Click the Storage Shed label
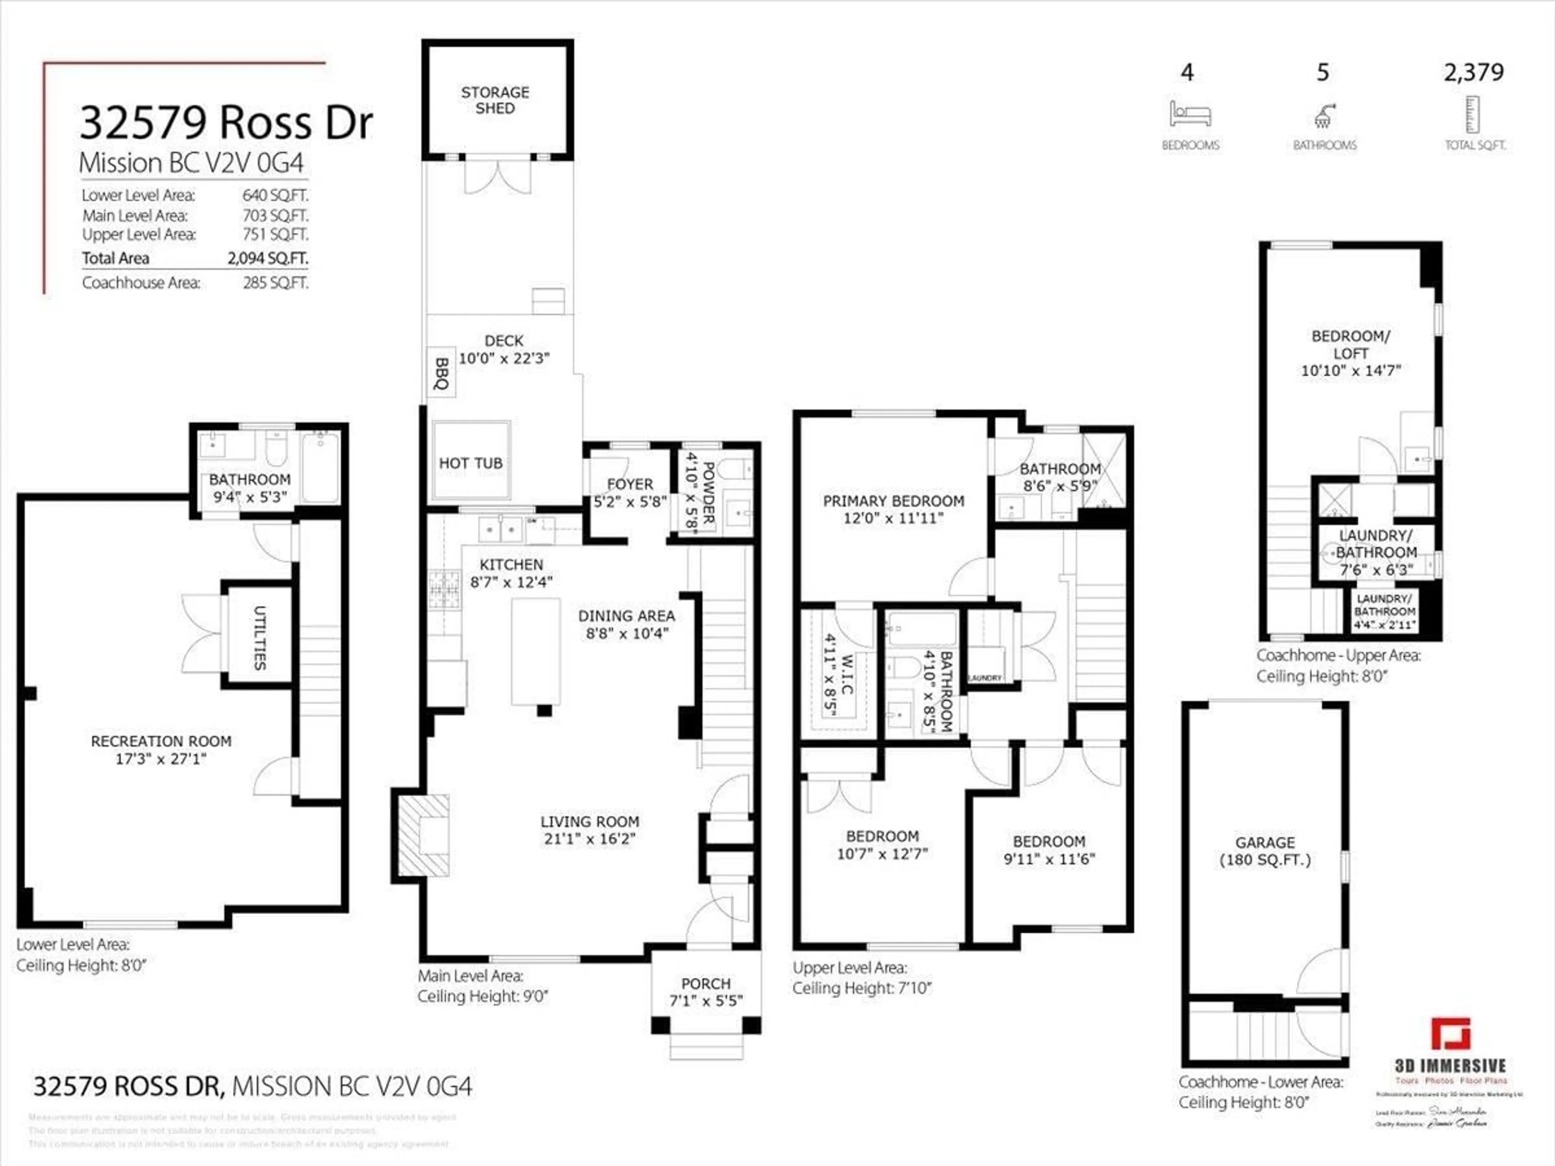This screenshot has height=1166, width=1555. click(495, 100)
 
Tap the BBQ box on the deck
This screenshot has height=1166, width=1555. click(441, 372)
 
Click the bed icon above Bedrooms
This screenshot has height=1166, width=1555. click(1189, 114)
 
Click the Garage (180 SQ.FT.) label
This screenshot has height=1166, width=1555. click(1265, 851)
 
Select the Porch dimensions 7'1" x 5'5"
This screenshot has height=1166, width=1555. click(706, 1001)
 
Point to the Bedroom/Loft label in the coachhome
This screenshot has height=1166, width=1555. click(1351, 345)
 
